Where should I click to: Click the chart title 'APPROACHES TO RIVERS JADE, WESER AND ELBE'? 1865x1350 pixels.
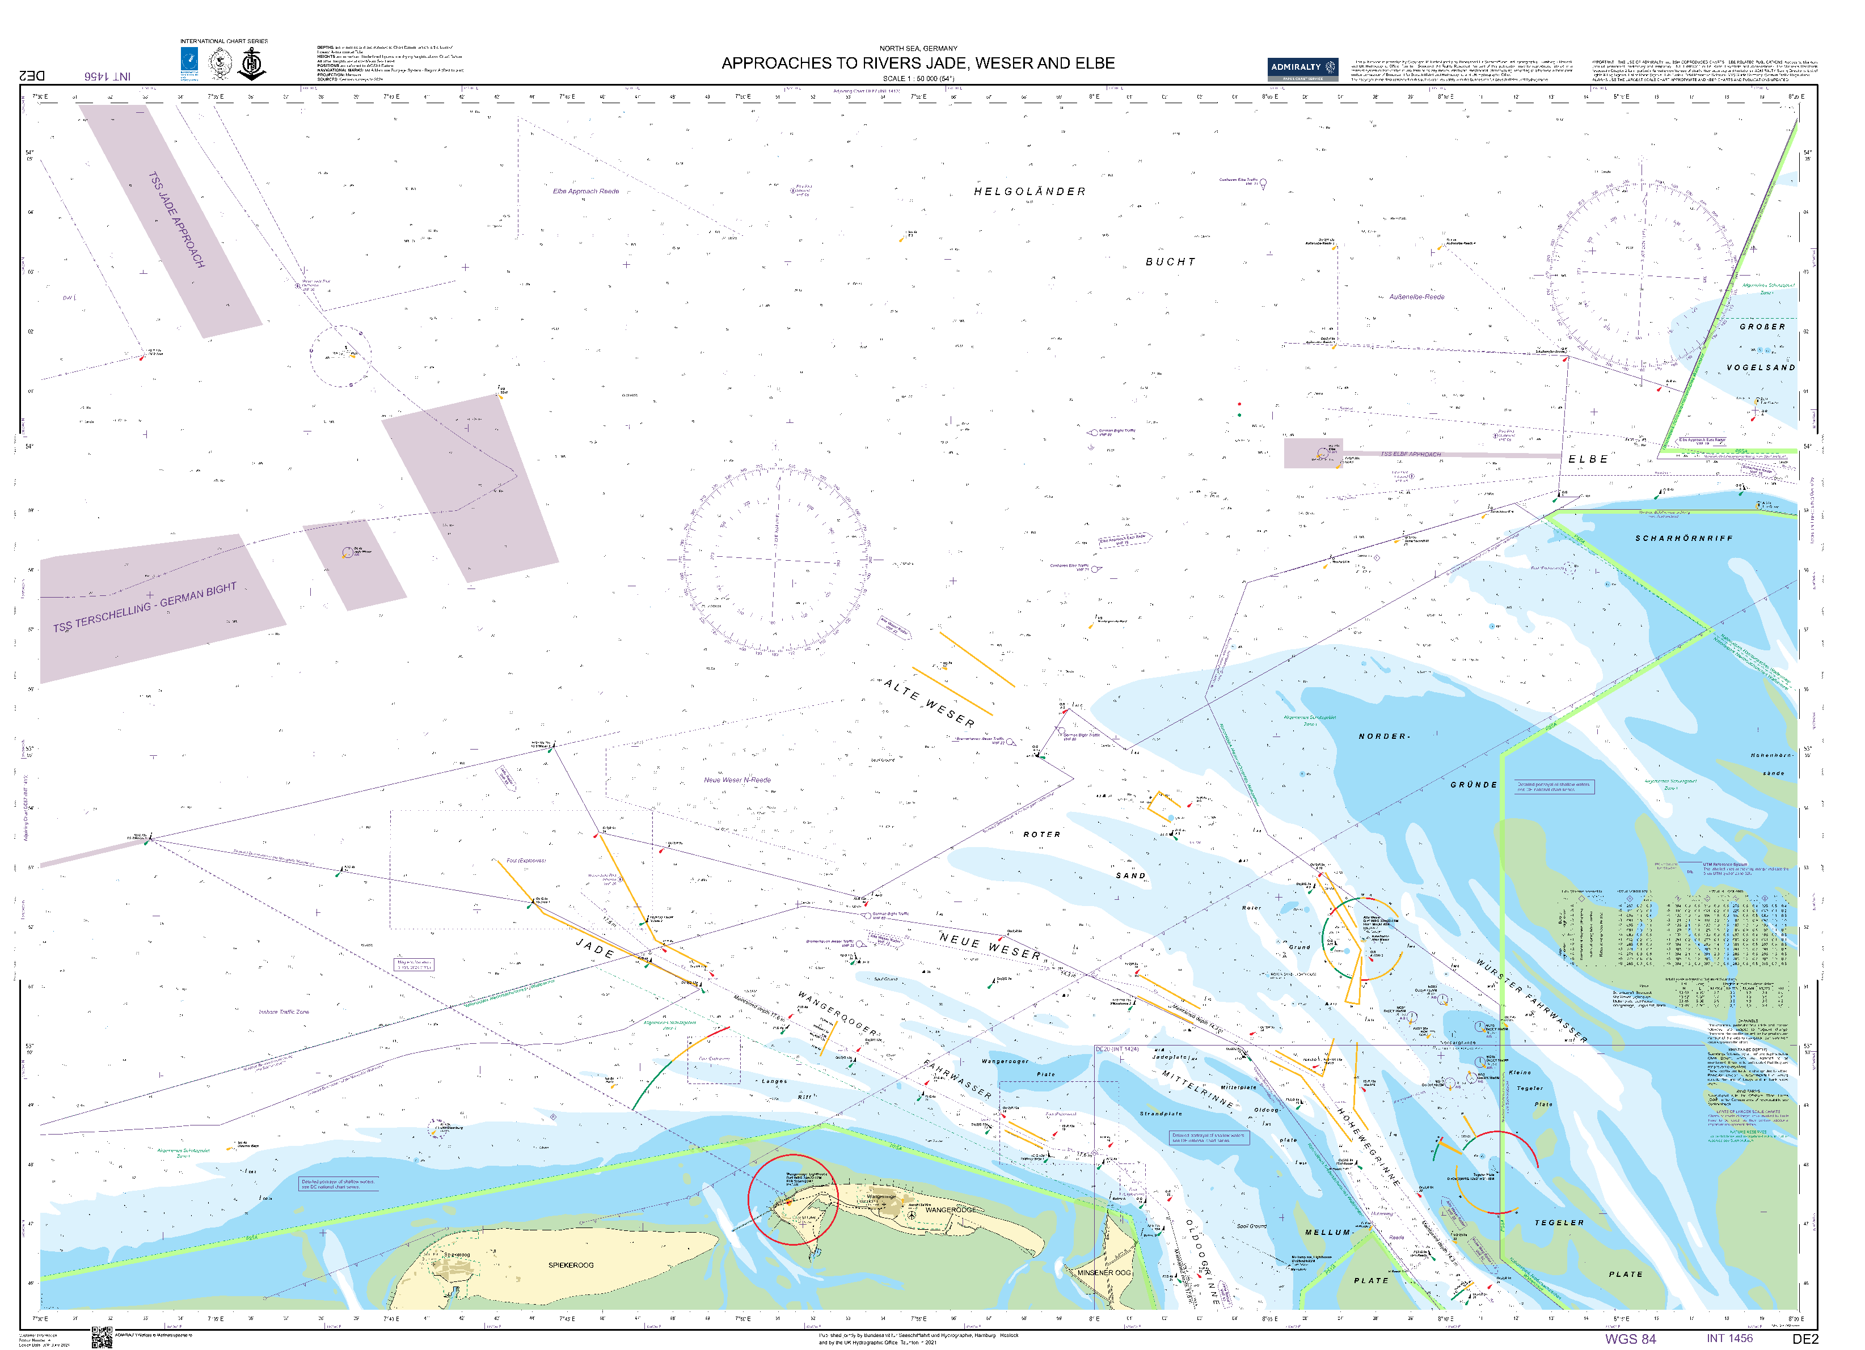918,64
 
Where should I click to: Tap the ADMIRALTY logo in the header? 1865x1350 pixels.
1302,67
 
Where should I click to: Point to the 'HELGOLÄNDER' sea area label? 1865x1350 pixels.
1029,192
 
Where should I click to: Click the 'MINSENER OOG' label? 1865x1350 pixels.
1104,1273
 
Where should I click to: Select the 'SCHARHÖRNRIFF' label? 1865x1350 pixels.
1683,539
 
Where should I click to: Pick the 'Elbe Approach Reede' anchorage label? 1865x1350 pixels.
585,191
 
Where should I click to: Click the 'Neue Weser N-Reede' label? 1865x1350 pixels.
737,780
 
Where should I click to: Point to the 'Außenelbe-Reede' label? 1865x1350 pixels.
1416,297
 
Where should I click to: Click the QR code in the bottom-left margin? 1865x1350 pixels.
101,1338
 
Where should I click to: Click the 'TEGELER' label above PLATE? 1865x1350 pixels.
1558,1222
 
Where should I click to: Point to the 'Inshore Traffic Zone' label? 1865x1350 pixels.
284,1012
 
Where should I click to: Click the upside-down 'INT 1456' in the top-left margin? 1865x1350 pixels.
107,75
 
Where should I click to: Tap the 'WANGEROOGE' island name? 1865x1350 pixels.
951,1210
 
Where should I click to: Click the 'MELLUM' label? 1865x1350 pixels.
1327,1233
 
